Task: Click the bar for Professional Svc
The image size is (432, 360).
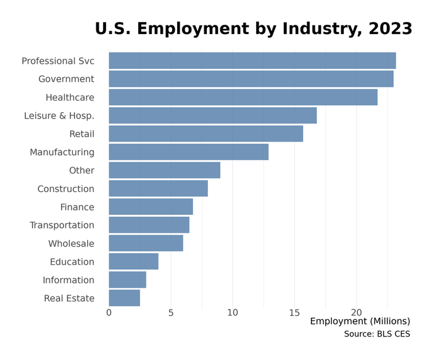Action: (x=252, y=61)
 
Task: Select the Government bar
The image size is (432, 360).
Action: (x=251, y=79)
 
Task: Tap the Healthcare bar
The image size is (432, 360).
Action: (x=243, y=98)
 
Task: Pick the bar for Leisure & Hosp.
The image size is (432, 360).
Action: (x=212, y=115)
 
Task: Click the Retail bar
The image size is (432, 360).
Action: (x=206, y=134)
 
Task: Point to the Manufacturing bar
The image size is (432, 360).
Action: (x=188, y=152)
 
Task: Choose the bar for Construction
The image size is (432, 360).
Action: (x=158, y=188)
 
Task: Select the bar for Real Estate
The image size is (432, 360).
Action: (x=124, y=298)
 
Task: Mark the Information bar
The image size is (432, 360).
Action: (x=127, y=280)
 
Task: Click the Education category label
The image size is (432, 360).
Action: (x=72, y=262)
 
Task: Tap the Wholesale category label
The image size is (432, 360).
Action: (x=71, y=243)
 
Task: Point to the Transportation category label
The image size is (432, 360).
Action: (x=62, y=225)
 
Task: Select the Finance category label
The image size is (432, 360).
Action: (x=77, y=207)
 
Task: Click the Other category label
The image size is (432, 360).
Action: (x=81, y=170)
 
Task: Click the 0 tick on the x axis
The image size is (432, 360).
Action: (x=109, y=313)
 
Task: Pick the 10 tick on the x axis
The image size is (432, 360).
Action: (x=233, y=313)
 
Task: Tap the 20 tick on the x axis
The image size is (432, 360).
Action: (x=357, y=313)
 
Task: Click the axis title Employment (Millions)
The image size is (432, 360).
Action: (x=360, y=321)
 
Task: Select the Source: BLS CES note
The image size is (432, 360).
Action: (x=376, y=334)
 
